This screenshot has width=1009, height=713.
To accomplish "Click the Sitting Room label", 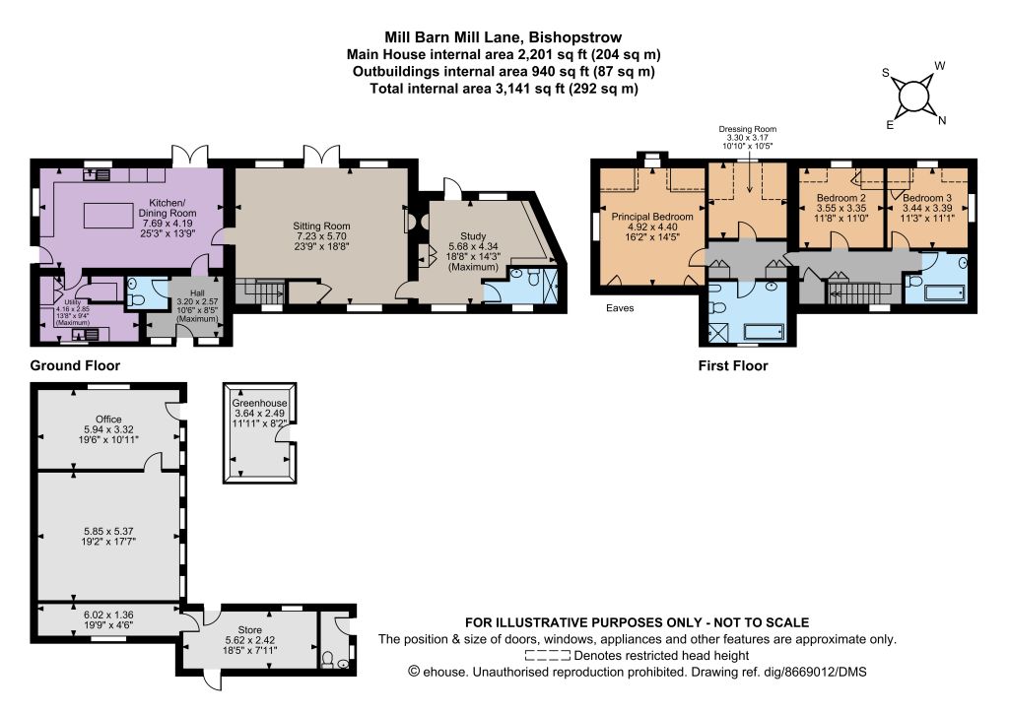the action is point(321,226).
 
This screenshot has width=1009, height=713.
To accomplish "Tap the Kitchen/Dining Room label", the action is point(168,208).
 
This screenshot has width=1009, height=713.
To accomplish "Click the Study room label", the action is point(473,236).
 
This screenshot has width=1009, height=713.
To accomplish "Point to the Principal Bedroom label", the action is point(652,217).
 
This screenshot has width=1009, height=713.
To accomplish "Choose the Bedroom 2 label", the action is point(841,198).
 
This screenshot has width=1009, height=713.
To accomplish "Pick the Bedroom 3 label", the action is point(927,198).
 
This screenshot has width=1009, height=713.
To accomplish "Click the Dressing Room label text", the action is point(748,129).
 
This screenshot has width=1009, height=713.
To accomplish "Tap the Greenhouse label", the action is point(260,403).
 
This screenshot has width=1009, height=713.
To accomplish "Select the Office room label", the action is point(108,420).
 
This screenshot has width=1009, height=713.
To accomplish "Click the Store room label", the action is point(249,630).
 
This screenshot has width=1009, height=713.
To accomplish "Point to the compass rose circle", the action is point(913,97).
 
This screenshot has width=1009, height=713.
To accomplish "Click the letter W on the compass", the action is point(939,66).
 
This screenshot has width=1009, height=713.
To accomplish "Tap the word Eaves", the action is point(620,308).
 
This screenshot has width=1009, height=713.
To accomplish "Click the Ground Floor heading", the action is point(75,365).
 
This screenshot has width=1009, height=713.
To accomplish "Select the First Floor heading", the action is point(733,365).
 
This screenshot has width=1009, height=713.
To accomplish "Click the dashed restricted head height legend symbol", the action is point(548,656).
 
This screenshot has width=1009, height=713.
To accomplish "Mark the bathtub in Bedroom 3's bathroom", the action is point(945,293).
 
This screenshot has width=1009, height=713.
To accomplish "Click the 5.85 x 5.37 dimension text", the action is point(108,532).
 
